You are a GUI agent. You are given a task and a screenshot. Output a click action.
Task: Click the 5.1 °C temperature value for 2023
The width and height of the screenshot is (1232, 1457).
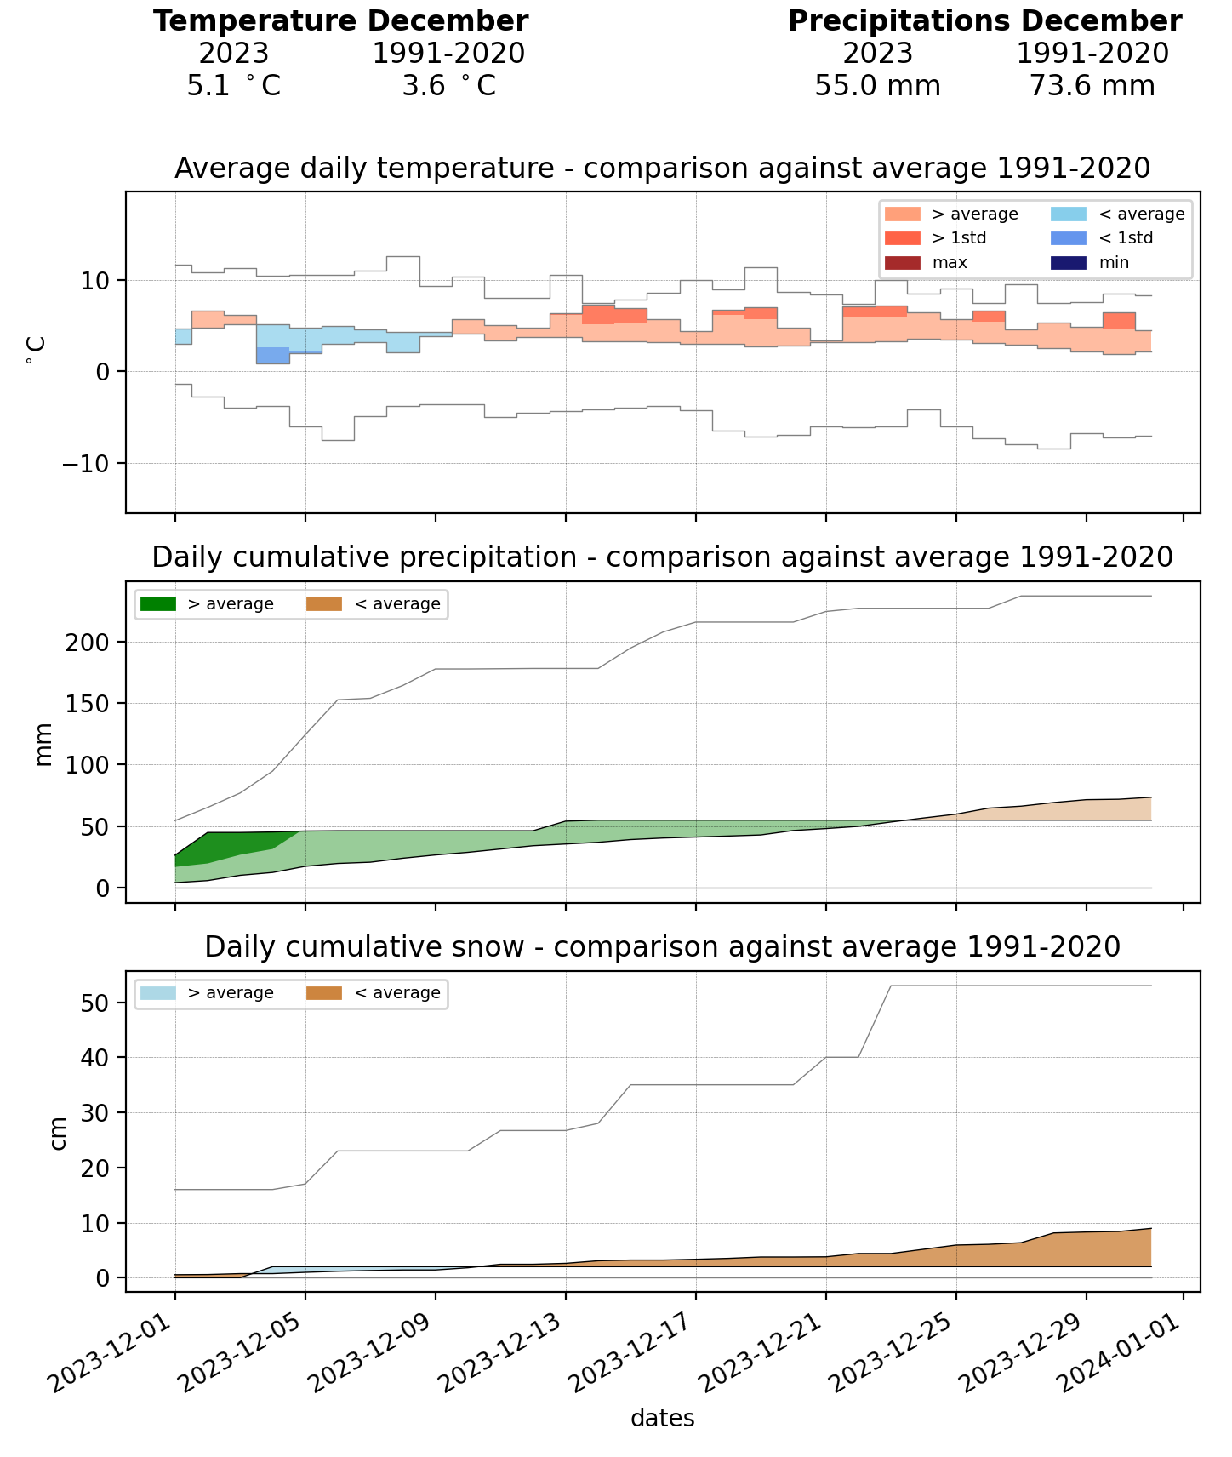click(x=233, y=86)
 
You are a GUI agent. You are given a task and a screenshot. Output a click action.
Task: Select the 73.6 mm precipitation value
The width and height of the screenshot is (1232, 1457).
click(x=1092, y=86)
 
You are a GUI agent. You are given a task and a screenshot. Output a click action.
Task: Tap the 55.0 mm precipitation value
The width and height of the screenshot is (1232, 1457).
click(x=877, y=86)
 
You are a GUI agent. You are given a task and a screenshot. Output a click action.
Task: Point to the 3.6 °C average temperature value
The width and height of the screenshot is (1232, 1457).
click(x=448, y=86)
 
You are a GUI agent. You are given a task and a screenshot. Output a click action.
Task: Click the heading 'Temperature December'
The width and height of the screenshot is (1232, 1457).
click(x=340, y=21)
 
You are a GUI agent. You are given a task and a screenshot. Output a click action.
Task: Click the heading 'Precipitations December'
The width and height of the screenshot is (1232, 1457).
click(x=984, y=21)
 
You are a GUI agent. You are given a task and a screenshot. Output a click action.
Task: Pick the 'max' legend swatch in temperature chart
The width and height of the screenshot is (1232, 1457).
click(x=902, y=262)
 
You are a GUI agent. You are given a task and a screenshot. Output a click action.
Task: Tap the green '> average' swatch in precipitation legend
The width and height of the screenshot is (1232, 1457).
click(x=158, y=604)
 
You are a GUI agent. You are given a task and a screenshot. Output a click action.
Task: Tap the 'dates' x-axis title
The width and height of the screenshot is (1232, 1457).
click(x=662, y=1419)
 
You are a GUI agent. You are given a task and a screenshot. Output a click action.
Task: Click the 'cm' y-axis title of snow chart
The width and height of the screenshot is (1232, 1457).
click(x=58, y=1131)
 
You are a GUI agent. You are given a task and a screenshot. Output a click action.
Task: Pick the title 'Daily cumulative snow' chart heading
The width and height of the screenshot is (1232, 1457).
click(x=662, y=946)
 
